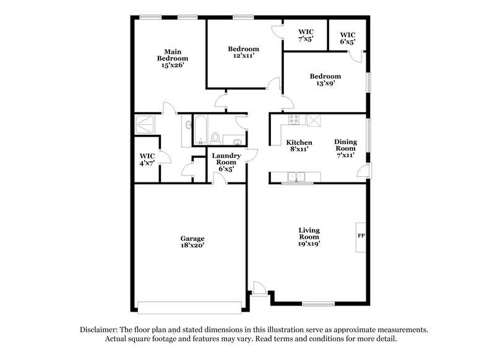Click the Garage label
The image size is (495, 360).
pyautogui.click(x=192, y=242)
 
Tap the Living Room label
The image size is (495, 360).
pyautogui.click(x=309, y=237)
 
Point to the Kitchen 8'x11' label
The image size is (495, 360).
pyautogui.click(x=299, y=145)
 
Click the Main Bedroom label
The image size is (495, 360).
pyautogui.click(x=172, y=59)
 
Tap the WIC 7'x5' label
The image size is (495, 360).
pyautogui.click(x=306, y=35)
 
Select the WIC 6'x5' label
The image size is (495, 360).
pyautogui.click(x=348, y=38)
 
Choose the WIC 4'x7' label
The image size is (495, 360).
pyautogui.click(x=147, y=160)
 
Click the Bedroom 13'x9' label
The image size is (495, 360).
pyautogui.click(x=325, y=80)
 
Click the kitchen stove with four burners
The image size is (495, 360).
pyautogui.click(x=293, y=120)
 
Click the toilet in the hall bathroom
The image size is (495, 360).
pyautogui.click(x=215, y=137)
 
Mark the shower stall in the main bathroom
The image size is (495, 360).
pyautogui.click(x=147, y=124)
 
